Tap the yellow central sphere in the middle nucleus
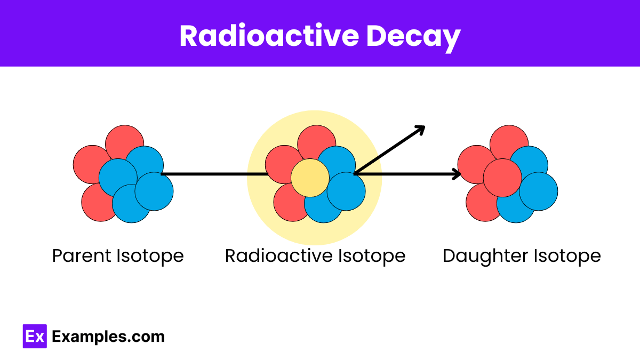310,178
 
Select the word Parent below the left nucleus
82,256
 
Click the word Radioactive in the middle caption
278,256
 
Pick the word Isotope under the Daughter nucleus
569,256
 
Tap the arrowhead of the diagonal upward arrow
421,129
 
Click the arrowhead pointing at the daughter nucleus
457,174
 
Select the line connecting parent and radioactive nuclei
213,174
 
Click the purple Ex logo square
35,337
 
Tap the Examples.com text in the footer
108,337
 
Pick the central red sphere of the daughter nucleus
502,178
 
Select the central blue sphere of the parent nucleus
118,178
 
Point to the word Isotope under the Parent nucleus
150,256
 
